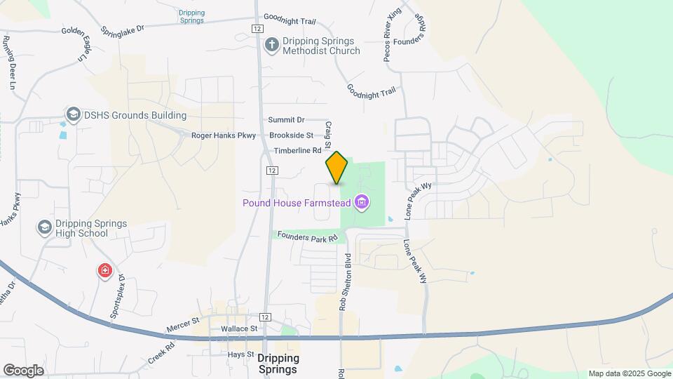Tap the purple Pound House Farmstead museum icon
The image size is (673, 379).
click(362, 204)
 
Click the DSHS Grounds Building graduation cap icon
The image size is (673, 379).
click(73, 114)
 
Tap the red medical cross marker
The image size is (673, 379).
click(104, 270)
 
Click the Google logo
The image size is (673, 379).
click(23, 370)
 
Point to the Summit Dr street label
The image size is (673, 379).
click(287, 120)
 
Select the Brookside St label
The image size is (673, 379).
click(291, 135)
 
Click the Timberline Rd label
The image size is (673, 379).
click(297, 150)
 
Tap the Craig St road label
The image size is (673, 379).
click(328, 131)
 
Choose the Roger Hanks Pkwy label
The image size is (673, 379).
click(224, 135)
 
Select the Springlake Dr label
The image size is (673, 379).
click(122, 30)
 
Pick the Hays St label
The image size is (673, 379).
click(240, 354)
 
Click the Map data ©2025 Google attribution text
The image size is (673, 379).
click(629, 373)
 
